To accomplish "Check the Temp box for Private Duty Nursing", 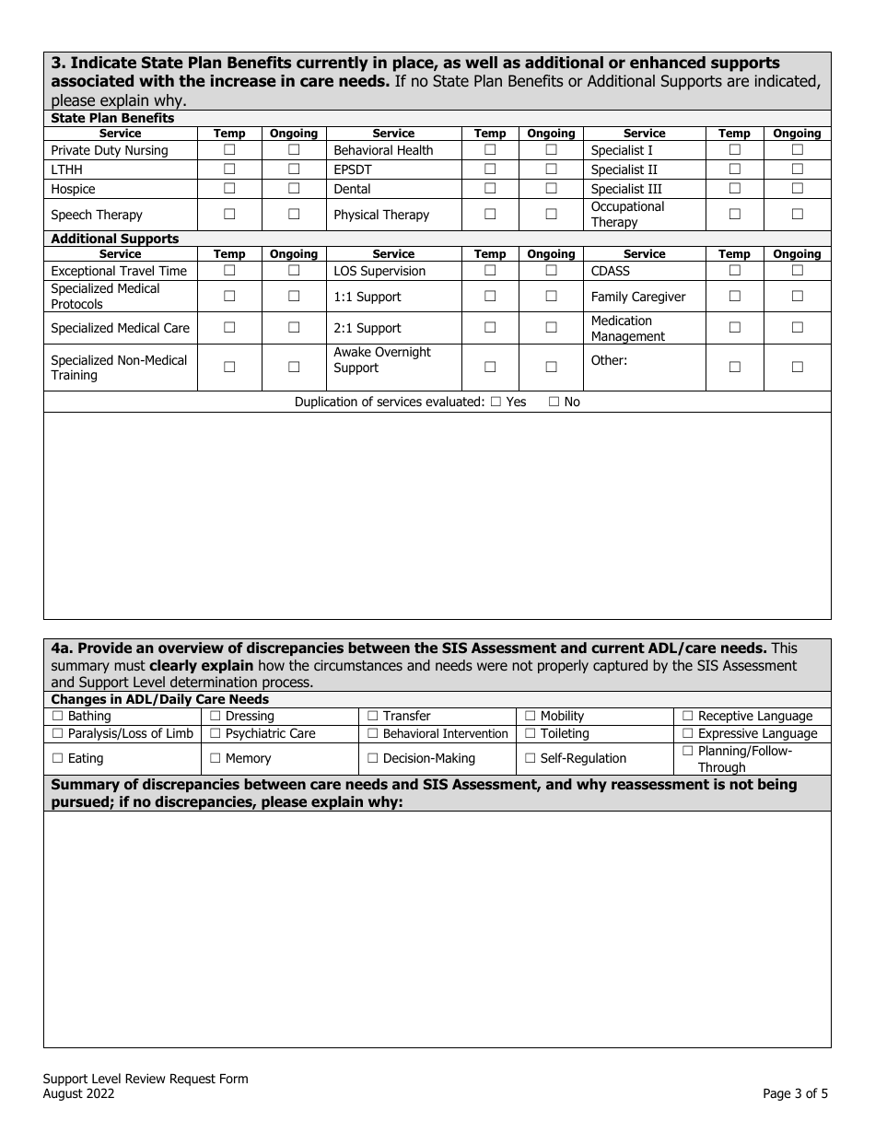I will pos(229,149).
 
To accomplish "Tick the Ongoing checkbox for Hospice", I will pos(294,189).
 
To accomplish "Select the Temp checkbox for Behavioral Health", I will pos(490,149).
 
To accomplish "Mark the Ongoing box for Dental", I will pos(551,189).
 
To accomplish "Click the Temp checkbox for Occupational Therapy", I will pos(734,214).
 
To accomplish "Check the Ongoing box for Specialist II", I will pos(798,169).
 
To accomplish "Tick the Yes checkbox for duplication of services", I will pos(496,402).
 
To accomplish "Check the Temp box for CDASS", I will pos(734,270).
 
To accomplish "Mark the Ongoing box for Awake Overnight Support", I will pos(551,367).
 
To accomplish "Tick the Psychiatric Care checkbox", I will pos(216,733).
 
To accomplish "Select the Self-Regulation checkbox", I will pos(531,758).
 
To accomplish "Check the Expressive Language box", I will pos(688,733).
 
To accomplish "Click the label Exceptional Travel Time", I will pos(119,271).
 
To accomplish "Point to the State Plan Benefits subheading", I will pos(112,118).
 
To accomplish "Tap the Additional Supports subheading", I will pos(114,239).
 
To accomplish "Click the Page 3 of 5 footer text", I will pos(795,1094).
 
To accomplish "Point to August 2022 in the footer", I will pos(78,1094).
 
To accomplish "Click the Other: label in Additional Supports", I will pos(609,360).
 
